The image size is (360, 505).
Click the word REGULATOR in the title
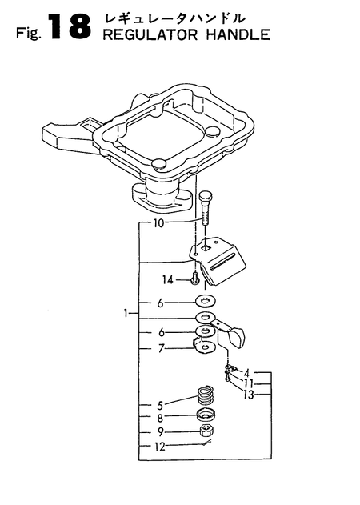pyautogui.click(x=150, y=34)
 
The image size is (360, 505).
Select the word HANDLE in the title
pyautogui.click(x=238, y=34)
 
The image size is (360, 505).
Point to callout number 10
pyautogui.click(x=158, y=223)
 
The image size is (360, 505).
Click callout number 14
pyautogui.click(x=167, y=280)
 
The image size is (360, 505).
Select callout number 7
pyautogui.click(x=161, y=348)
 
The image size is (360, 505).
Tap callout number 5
pyautogui.click(x=160, y=404)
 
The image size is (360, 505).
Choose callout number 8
pyautogui.click(x=160, y=418)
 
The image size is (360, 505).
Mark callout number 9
pyautogui.click(x=160, y=431)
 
